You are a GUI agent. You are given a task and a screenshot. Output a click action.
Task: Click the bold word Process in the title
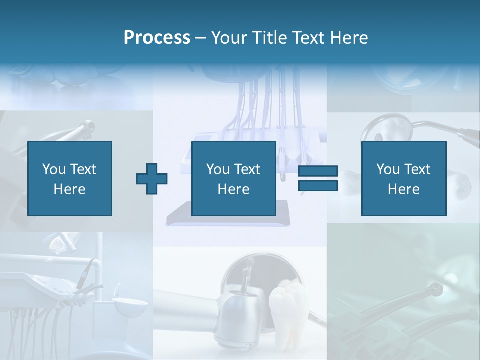tap(157, 38)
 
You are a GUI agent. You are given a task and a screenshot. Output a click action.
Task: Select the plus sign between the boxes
tap(152, 178)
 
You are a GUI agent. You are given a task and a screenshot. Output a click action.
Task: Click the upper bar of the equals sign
tap(318, 171)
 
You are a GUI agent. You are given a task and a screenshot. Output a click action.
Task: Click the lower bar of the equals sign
tap(318, 185)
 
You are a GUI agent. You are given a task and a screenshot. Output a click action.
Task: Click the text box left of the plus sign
tap(69, 178)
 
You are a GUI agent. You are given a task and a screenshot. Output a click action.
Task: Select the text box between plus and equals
tap(233, 178)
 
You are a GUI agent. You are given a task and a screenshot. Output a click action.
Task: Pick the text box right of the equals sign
tap(403, 178)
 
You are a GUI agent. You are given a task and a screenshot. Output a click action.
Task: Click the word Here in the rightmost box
tap(403, 189)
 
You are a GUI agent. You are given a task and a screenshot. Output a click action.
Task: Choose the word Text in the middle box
tap(247, 169)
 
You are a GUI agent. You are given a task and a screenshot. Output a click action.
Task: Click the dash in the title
tap(201, 38)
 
